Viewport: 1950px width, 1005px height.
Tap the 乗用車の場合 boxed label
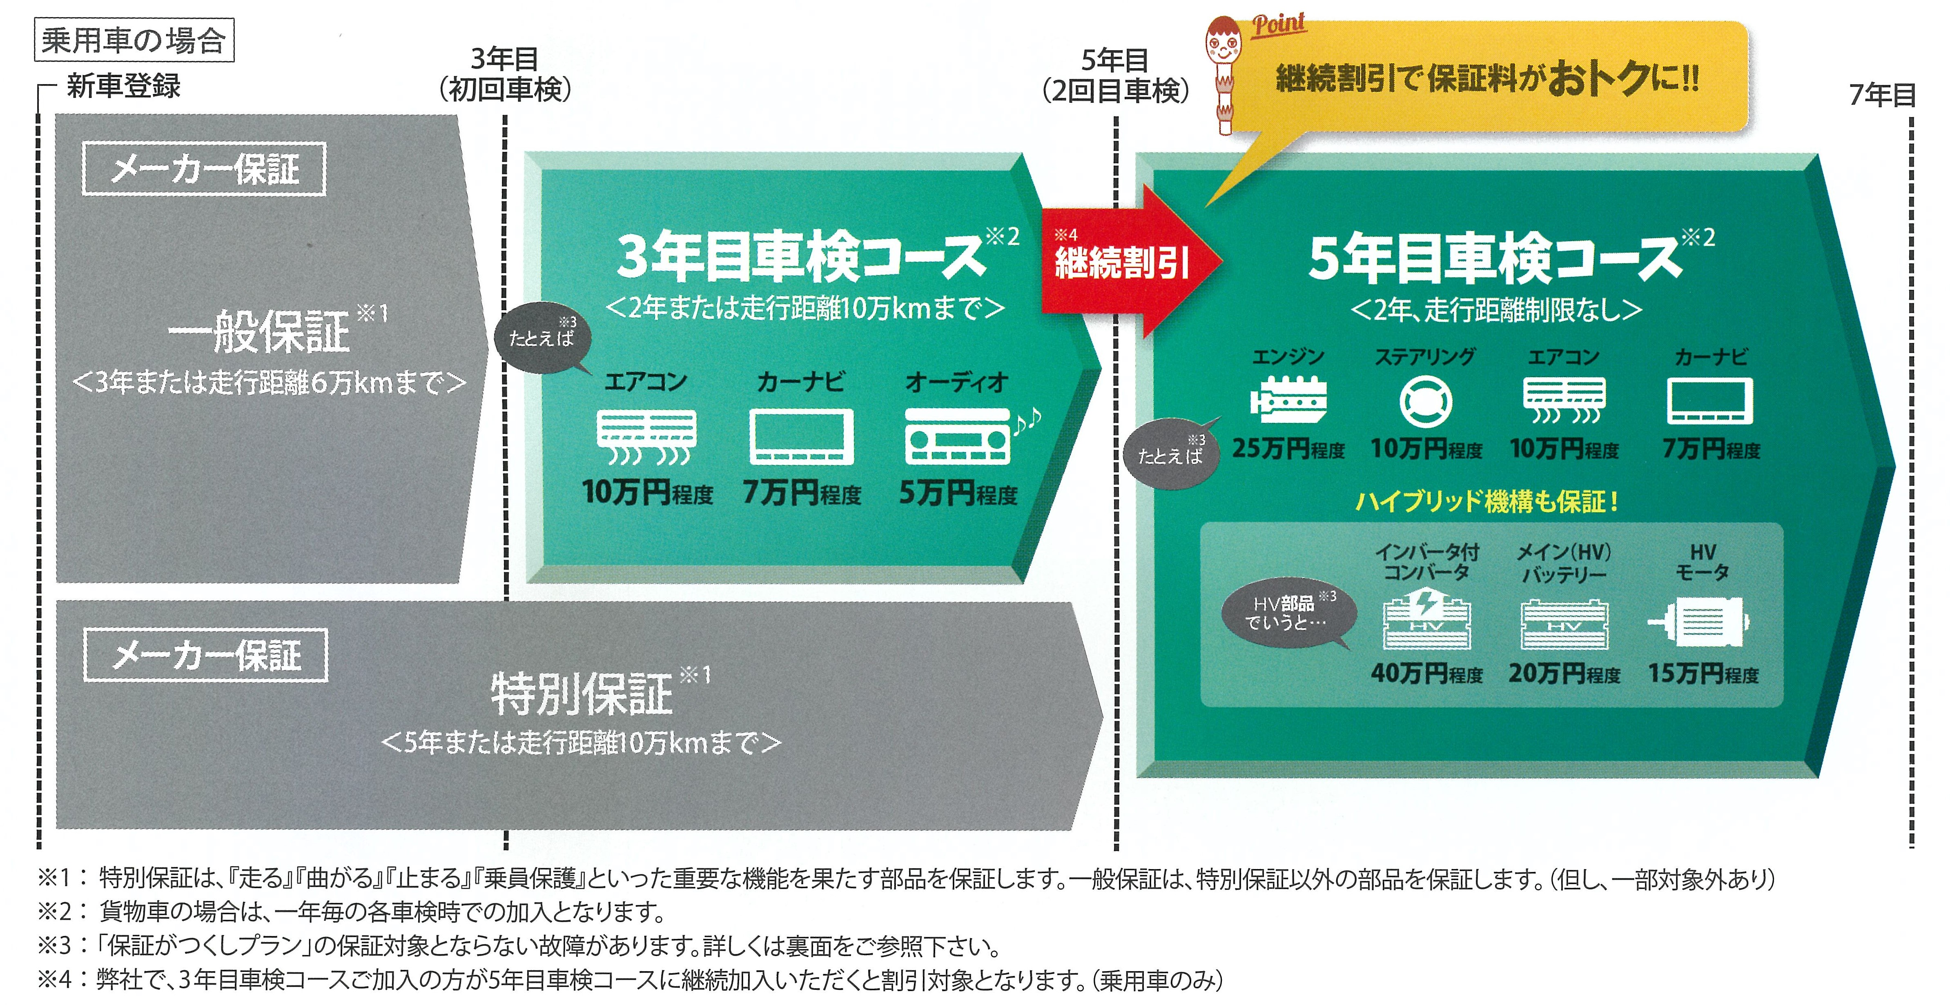(134, 40)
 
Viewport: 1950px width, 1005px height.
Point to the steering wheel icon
(1425, 401)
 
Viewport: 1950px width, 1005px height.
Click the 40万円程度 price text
(1426, 673)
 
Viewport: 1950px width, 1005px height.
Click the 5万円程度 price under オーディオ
(958, 494)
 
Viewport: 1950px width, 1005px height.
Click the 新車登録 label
(123, 85)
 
